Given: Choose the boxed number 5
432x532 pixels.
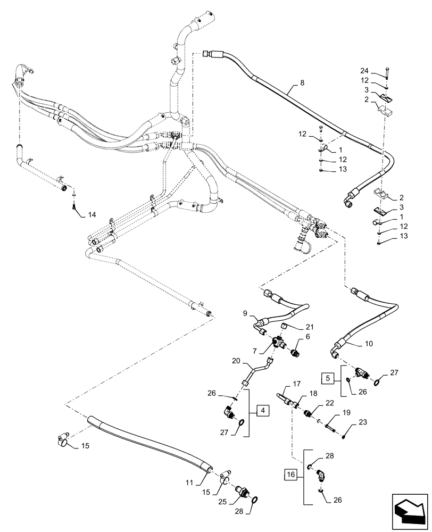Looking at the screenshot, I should tap(328, 378).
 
